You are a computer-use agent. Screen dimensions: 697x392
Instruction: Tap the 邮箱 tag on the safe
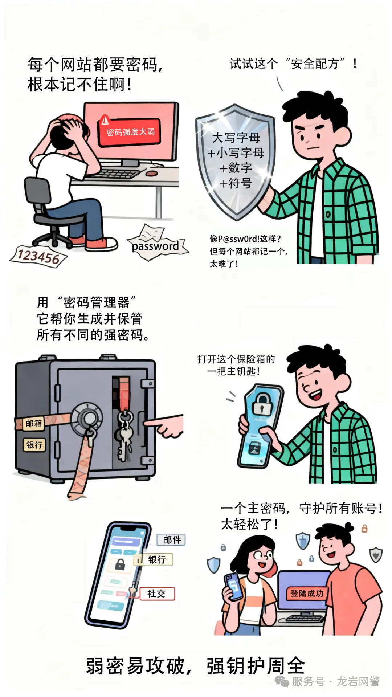click(x=34, y=423)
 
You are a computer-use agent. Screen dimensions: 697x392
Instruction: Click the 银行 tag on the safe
click(x=34, y=444)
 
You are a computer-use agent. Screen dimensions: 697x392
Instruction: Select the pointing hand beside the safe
click(x=165, y=425)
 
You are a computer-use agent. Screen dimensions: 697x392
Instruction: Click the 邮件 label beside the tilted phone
click(x=172, y=540)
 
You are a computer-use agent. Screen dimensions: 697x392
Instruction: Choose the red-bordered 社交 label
click(x=156, y=594)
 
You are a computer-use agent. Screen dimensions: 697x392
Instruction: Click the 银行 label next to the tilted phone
click(x=157, y=559)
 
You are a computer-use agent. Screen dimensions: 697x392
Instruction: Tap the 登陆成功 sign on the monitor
click(x=307, y=593)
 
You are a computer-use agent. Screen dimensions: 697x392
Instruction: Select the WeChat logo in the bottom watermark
click(x=282, y=681)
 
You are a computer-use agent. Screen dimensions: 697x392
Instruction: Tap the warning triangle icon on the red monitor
click(x=105, y=119)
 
